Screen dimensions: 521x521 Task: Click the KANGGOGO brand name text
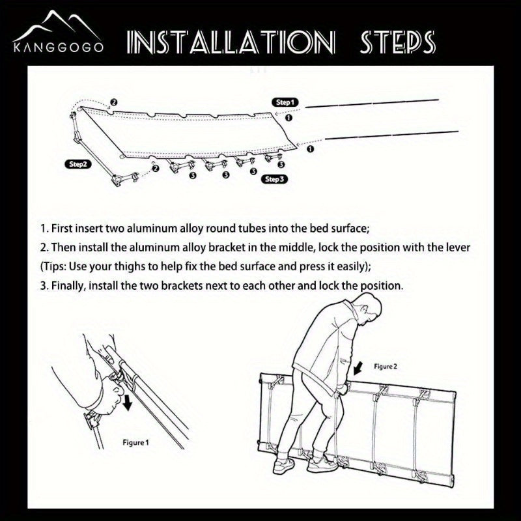tap(58, 47)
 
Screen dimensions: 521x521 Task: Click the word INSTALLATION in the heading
tap(231, 42)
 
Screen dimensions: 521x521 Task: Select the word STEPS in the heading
tap(397, 42)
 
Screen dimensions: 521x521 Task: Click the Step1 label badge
tap(285, 102)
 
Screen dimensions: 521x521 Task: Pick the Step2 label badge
tap(77, 164)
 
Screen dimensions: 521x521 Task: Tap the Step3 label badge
tap(274, 179)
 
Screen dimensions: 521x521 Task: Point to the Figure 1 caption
tap(135, 443)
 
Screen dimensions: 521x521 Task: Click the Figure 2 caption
tap(386, 367)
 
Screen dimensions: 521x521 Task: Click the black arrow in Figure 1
tap(127, 401)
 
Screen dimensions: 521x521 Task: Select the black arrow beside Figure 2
tap(359, 368)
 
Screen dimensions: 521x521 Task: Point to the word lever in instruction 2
tap(458, 247)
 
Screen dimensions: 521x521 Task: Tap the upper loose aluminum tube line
tap(372, 103)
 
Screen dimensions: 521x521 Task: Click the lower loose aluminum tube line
tap(392, 135)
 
